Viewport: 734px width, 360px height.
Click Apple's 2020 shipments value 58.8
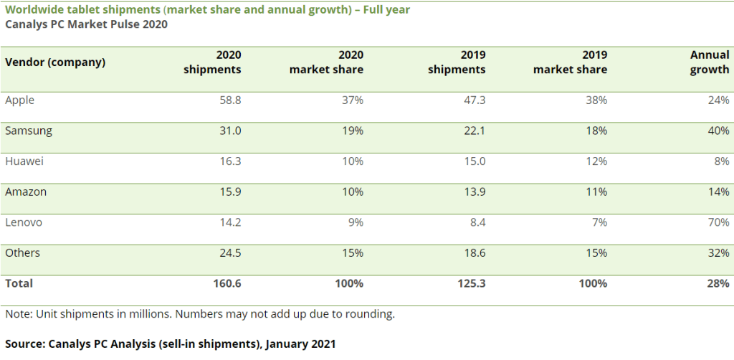click(x=229, y=100)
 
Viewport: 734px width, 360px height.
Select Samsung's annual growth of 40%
click(x=718, y=131)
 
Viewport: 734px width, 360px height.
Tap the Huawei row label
click(x=24, y=161)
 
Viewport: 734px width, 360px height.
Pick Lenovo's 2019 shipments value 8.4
click(x=476, y=222)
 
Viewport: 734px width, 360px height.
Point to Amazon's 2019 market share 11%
click(x=596, y=192)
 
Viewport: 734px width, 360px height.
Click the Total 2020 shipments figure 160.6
click(x=227, y=283)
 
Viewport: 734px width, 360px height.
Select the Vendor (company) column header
click(x=55, y=62)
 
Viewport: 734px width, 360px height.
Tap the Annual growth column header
click(x=710, y=62)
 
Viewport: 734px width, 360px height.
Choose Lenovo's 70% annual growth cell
click(x=718, y=222)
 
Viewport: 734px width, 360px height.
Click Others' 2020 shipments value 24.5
click(x=229, y=253)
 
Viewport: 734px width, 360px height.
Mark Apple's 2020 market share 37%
click(x=352, y=100)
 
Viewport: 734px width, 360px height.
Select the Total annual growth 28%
click(x=718, y=283)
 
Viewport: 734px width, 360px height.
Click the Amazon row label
click(x=26, y=192)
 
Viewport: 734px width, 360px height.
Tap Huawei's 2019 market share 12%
click(x=596, y=161)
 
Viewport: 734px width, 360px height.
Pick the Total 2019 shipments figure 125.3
click(x=470, y=283)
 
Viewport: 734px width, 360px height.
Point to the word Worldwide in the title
click(x=32, y=10)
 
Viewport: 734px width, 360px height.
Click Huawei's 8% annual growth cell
click(x=722, y=161)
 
